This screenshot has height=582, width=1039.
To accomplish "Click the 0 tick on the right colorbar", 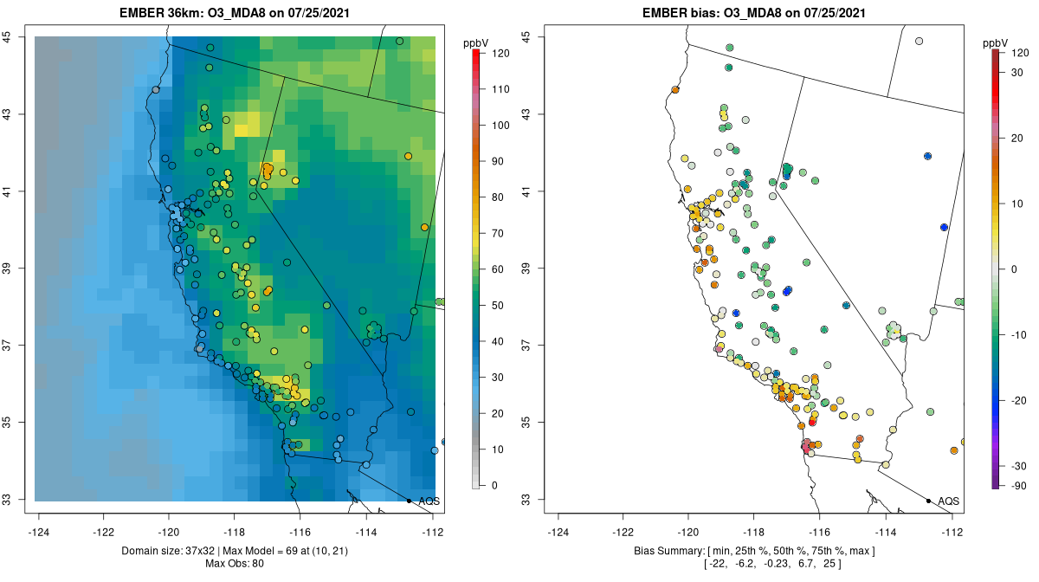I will click(x=1012, y=268).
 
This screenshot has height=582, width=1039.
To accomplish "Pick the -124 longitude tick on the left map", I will click(x=40, y=532).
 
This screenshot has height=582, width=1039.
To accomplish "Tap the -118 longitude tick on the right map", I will click(x=753, y=532).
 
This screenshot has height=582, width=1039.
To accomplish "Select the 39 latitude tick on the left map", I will click(x=18, y=268).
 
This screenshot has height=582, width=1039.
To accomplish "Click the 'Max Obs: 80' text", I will click(x=235, y=564).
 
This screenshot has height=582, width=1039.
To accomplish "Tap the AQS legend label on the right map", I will click(x=948, y=501).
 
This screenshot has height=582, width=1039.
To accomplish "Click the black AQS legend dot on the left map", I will click(x=409, y=501).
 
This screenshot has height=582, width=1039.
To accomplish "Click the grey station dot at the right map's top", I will click(x=919, y=41).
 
